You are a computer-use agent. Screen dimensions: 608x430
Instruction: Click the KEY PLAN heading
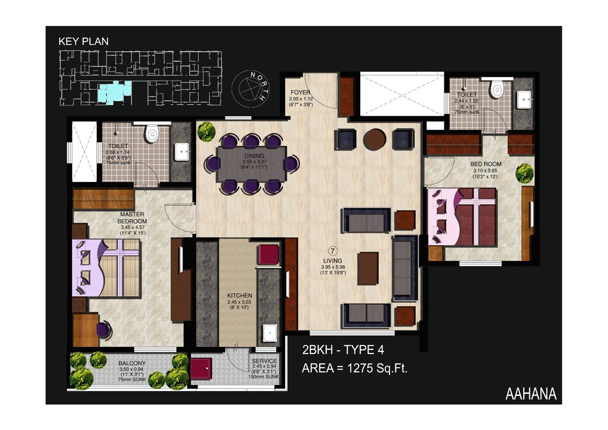(x=83, y=41)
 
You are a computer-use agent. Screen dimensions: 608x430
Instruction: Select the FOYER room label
(x=300, y=92)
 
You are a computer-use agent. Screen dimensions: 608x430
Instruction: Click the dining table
(x=252, y=164)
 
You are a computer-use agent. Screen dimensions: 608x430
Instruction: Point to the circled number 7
(x=333, y=250)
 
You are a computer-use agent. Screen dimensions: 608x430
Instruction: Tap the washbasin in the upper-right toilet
(x=524, y=100)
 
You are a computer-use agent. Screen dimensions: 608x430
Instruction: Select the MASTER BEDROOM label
(x=132, y=218)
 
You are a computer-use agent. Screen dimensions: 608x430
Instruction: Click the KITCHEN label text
(x=239, y=296)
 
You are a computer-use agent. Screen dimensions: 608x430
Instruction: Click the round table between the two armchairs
(x=374, y=139)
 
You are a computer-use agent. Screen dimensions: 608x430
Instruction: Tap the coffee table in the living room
(x=368, y=268)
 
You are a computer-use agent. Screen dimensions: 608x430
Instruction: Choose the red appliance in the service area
(x=201, y=369)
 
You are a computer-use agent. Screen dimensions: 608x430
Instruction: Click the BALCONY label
(x=132, y=363)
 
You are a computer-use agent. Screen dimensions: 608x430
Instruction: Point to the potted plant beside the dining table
(x=206, y=131)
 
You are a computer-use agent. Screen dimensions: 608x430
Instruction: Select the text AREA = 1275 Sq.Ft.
(x=355, y=369)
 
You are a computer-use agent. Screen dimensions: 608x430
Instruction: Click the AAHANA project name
(x=531, y=394)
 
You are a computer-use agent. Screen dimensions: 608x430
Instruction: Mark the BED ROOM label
(x=485, y=164)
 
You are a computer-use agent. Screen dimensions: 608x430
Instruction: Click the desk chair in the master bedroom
(x=104, y=330)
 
